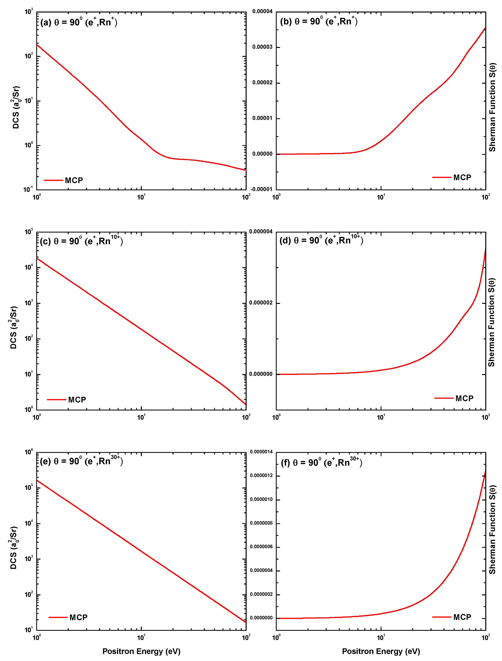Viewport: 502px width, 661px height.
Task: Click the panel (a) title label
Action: (x=79, y=22)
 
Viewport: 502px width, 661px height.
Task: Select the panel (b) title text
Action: (x=319, y=21)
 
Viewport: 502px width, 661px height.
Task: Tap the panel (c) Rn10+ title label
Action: (x=81, y=241)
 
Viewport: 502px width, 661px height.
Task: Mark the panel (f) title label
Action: (x=321, y=463)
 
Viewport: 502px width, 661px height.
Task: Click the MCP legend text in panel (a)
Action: (x=74, y=181)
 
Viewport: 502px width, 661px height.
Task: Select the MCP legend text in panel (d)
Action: (x=464, y=398)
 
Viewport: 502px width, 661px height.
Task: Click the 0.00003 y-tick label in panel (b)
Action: (x=262, y=47)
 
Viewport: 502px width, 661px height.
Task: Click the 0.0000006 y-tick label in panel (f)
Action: (x=261, y=547)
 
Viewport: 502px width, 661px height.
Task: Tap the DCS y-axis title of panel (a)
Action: (x=16, y=108)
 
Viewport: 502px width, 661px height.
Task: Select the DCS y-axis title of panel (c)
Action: (x=13, y=328)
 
